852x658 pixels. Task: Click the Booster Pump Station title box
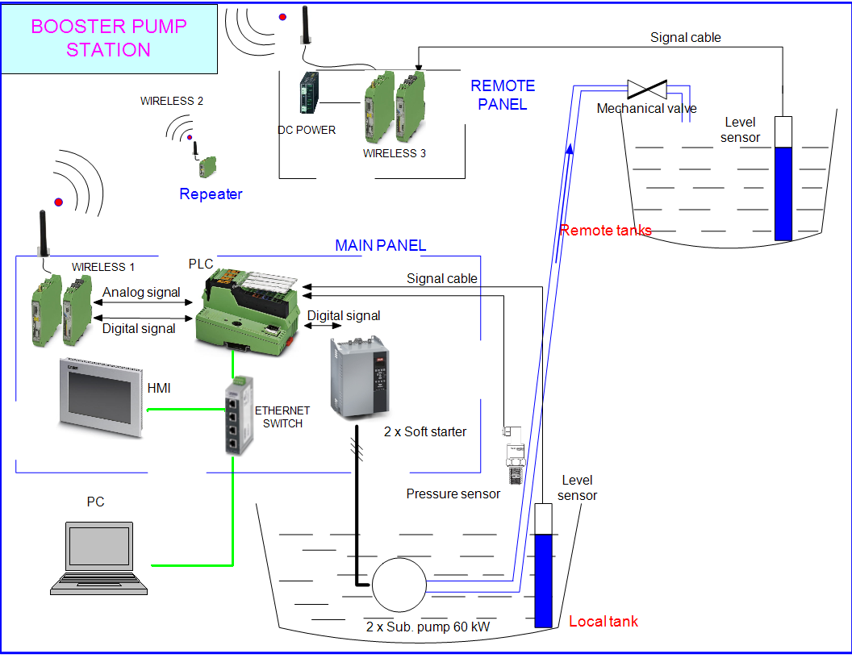click(x=109, y=39)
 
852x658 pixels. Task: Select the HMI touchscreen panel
click(x=101, y=397)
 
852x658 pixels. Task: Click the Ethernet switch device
click(x=239, y=415)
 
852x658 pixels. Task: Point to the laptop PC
click(x=99, y=558)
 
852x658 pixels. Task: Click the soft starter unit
click(x=359, y=377)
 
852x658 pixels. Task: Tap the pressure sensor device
click(x=515, y=455)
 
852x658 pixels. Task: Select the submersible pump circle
click(x=399, y=585)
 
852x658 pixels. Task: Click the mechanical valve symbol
click(x=646, y=90)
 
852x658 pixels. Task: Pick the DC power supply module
click(x=309, y=93)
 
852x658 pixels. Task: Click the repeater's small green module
click(x=207, y=167)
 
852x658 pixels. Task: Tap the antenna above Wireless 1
click(x=43, y=233)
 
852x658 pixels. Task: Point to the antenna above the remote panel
click(x=305, y=25)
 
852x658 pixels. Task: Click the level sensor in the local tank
click(x=543, y=565)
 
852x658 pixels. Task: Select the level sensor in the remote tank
click(x=783, y=178)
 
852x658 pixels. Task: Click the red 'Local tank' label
click(x=603, y=621)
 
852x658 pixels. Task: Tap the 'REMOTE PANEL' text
click(x=503, y=95)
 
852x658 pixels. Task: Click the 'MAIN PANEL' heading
click(x=380, y=245)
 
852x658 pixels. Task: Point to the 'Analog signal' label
click(x=141, y=292)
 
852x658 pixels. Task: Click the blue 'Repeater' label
click(x=211, y=194)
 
